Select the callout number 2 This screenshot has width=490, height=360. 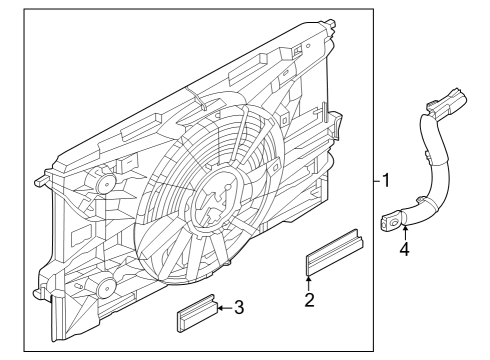tap(309, 298)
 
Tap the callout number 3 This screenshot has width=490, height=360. tap(239, 307)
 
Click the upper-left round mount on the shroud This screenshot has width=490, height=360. tap(102, 185)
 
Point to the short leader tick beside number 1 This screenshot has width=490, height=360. tap(372, 181)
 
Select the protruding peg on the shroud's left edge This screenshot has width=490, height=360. tap(41, 183)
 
